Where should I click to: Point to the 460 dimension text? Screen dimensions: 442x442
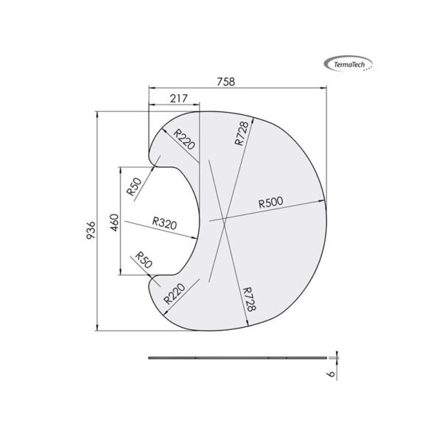114,222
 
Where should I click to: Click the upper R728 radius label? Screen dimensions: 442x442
242,133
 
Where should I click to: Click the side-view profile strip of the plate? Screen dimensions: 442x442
236,357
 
